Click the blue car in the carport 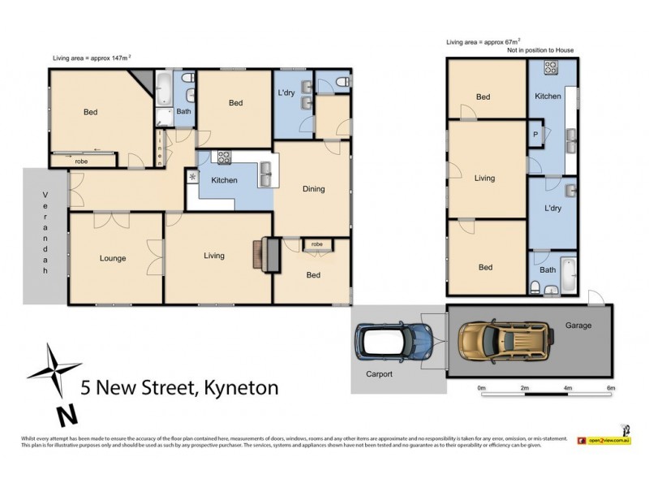pos(393,342)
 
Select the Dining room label pos(313,189)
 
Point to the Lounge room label pos(113,259)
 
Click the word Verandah pos(45,235)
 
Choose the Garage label pos(578,325)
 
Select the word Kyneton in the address pos(239,388)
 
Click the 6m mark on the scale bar pos(611,387)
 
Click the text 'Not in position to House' pos(540,50)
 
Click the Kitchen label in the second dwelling pos(548,97)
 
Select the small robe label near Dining pos(316,243)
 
